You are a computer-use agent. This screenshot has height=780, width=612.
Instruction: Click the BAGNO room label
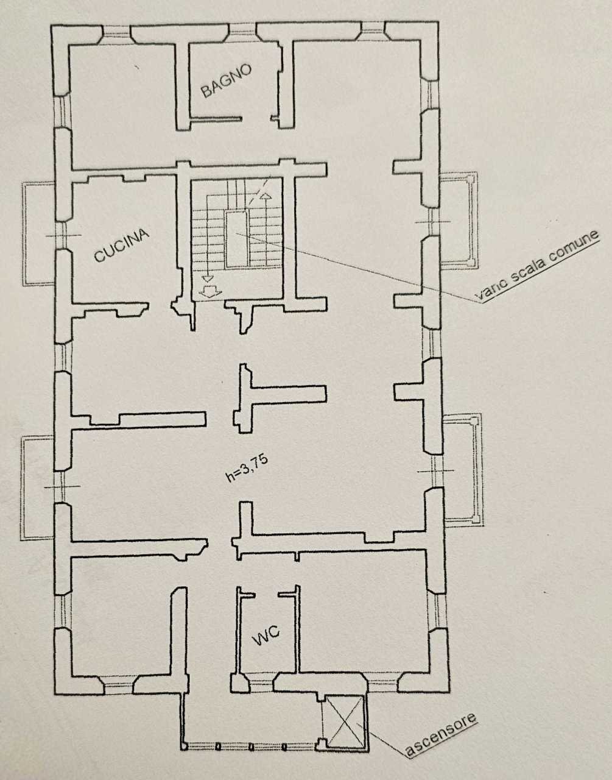[x=227, y=81]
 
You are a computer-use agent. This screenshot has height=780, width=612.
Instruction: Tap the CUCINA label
[x=121, y=244]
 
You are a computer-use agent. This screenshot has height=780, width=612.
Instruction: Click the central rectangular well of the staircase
[x=236, y=239]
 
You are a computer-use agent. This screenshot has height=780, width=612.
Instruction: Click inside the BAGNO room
[x=234, y=97]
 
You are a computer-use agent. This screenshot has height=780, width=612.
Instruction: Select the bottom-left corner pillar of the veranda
[x=183, y=745]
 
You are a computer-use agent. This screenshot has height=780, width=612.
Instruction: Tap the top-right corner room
[x=356, y=104]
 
